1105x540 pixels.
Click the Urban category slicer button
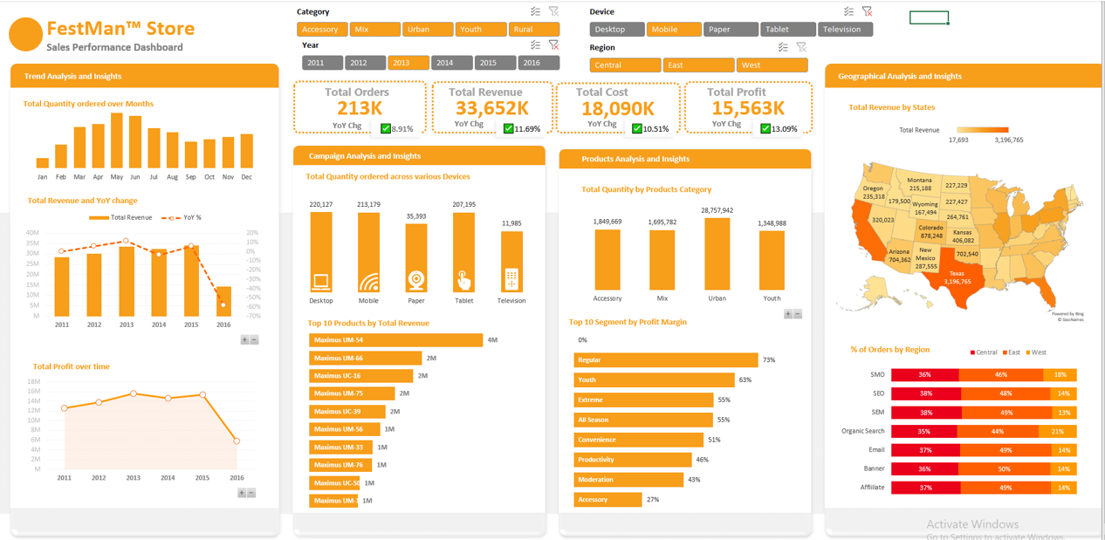click(428, 30)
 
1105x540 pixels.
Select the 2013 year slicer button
click(408, 63)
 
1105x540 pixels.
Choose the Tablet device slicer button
click(786, 30)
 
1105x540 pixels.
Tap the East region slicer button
click(698, 65)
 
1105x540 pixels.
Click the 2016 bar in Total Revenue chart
click(223, 302)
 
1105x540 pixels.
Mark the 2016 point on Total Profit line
click(237, 441)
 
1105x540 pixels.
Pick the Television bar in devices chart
click(511, 262)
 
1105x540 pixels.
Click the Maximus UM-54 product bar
click(395, 340)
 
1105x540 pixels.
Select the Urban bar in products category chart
click(717, 254)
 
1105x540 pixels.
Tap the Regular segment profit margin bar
click(665, 360)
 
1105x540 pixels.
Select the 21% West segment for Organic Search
click(1057, 431)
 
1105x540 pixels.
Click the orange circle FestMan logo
click(25, 35)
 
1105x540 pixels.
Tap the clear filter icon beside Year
click(553, 45)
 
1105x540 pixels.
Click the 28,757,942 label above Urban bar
click(717, 210)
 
